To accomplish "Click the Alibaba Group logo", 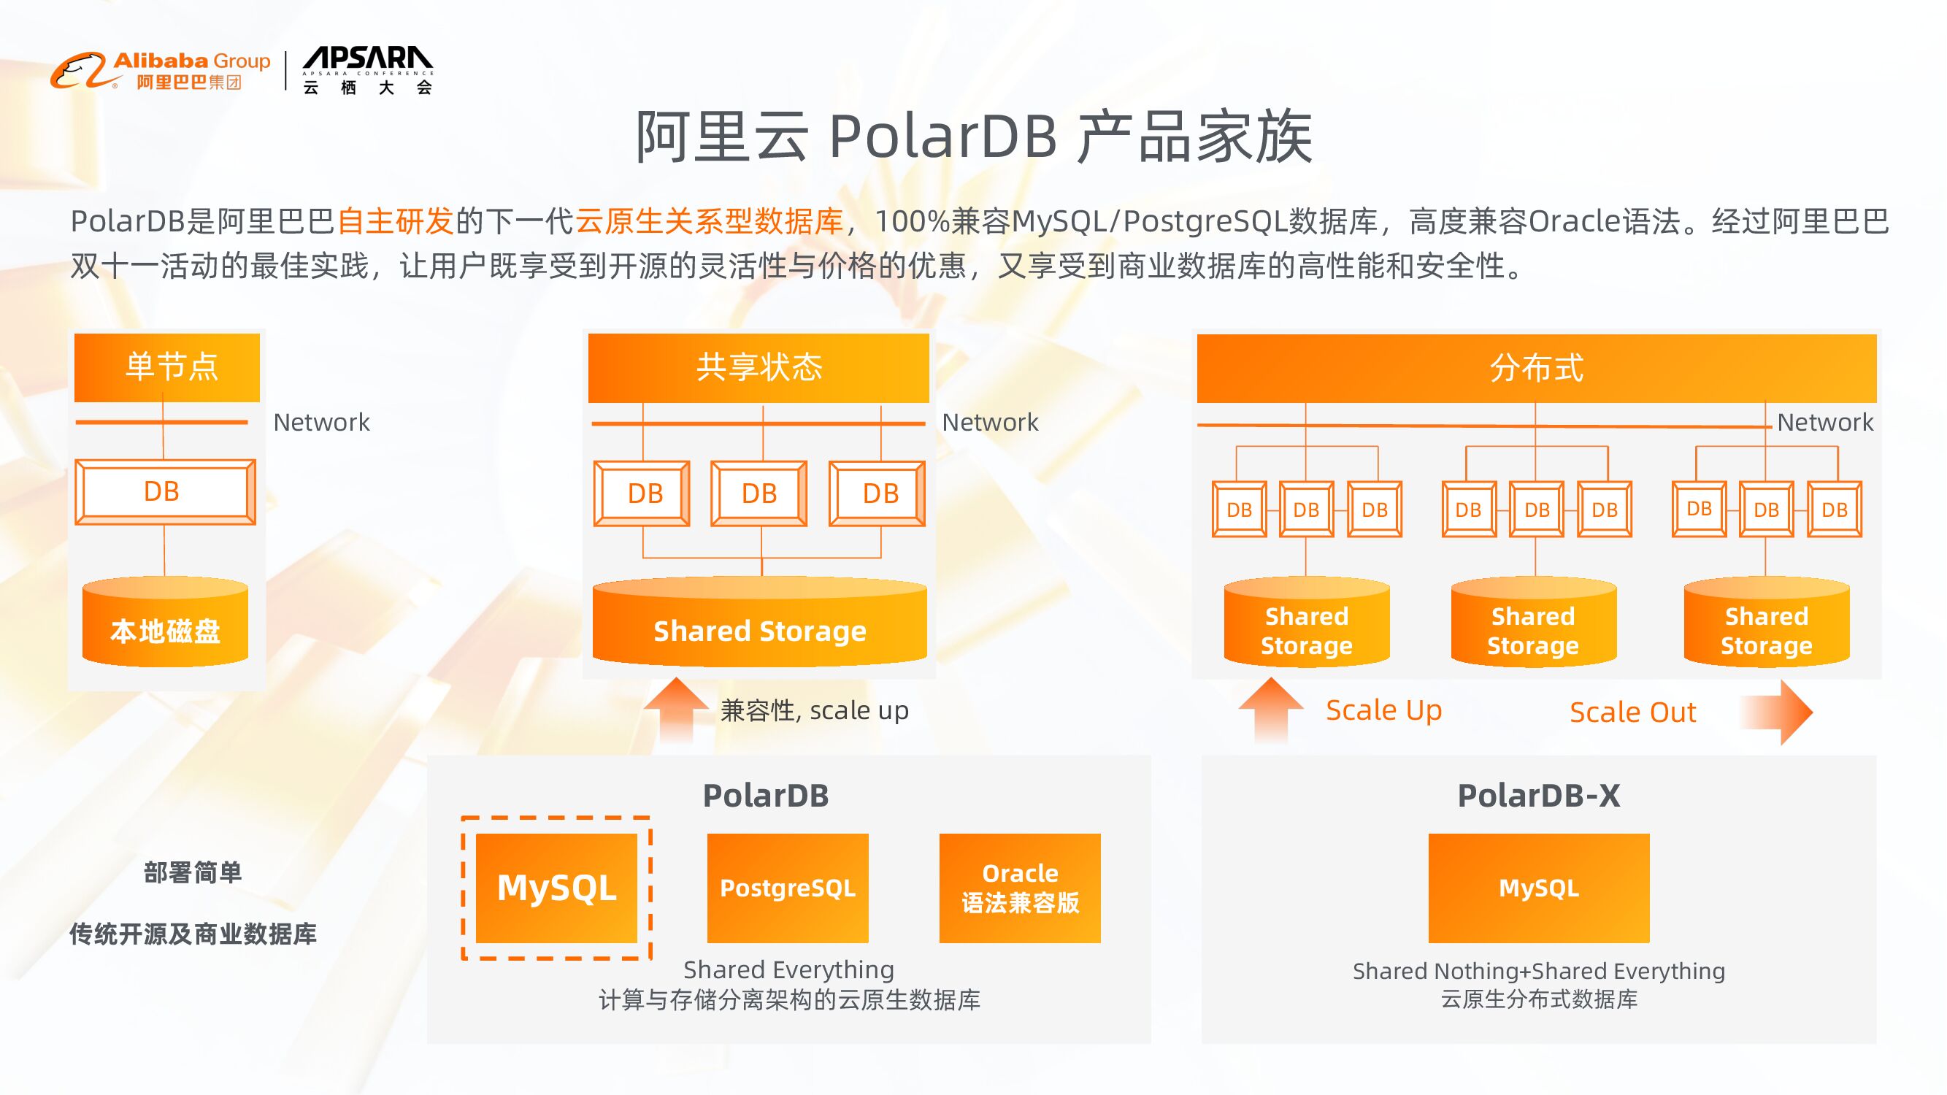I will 160,71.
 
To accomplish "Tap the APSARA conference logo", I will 367,70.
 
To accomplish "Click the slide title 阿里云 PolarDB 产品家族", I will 974,137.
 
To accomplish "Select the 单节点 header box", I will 167,367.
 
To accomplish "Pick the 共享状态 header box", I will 758,367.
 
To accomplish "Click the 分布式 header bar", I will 1536,368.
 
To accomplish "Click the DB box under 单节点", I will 165,491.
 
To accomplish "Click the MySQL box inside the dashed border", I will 556,887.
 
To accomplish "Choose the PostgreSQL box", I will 788,887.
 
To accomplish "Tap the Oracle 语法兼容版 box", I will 1020,887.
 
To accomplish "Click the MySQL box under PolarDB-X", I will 1538,887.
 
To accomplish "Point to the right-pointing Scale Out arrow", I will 1778,712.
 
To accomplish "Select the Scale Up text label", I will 1383,710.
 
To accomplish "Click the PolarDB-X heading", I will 1538,795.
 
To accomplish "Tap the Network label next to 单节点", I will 321,422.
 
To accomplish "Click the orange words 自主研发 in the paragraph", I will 394,221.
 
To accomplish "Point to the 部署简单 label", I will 193,873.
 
